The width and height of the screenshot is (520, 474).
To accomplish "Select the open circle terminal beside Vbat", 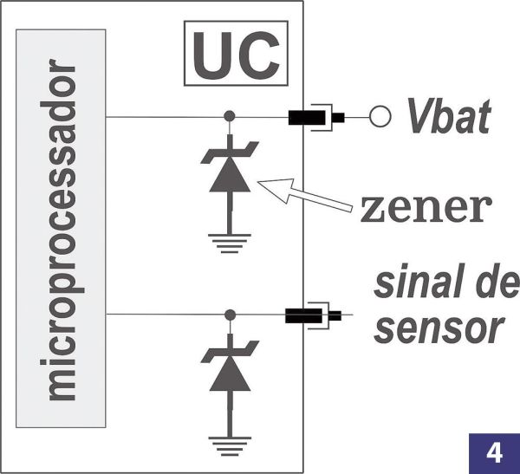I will point(379,116).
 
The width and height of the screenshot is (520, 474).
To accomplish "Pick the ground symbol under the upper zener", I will point(230,243).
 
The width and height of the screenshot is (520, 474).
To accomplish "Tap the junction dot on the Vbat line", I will point(230,116).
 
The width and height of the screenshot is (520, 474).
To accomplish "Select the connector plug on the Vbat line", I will point(315,116).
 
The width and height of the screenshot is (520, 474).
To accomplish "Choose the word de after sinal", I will point(498,285).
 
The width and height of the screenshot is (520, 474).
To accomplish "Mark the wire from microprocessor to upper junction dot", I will point(165,116).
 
